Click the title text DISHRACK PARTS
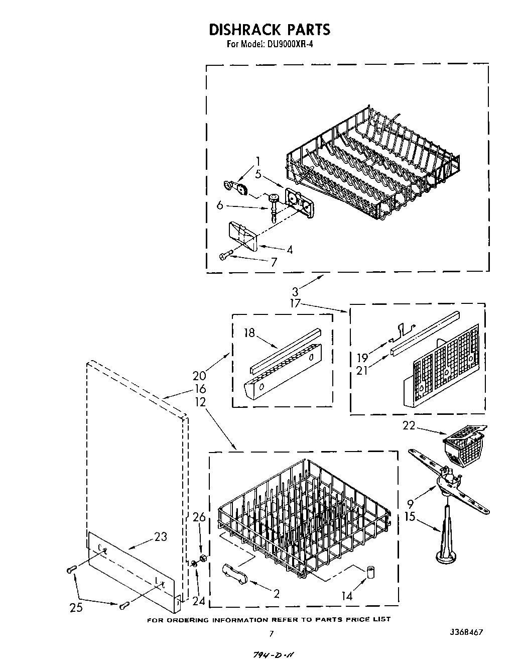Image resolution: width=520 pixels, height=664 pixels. (269, 29)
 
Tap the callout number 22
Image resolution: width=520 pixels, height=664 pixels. (410, 425)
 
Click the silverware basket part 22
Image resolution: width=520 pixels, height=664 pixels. (462, 444)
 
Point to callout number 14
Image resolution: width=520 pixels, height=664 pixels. (347, 596)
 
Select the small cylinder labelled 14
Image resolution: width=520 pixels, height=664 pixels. (372, 572)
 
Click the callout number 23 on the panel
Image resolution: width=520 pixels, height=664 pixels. (161, 536)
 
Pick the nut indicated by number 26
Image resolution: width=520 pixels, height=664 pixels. (204, 559)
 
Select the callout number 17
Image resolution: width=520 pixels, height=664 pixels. (295, 303)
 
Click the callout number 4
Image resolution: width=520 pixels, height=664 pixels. (289, 250)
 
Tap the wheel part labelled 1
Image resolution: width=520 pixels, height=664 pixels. (242, 189)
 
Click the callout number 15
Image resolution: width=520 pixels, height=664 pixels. (410, 516)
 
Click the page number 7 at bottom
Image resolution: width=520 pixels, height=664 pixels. (272, 634)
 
